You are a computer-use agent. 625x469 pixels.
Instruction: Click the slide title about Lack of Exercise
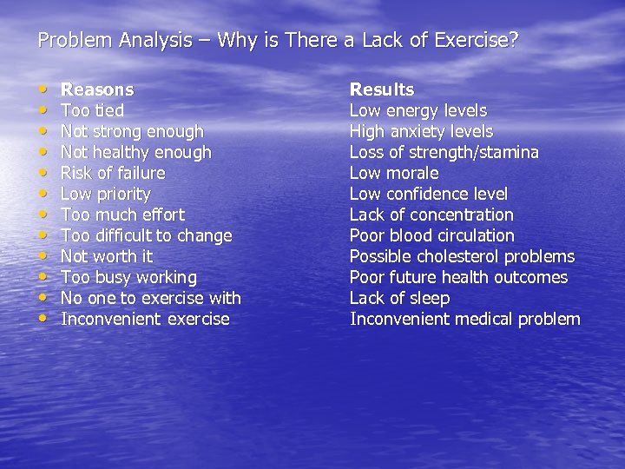(277, 40)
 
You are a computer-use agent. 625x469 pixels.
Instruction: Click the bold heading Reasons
(97, 89)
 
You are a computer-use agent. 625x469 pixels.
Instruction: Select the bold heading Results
(382, 89)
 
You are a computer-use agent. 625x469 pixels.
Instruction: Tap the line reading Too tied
(92, 110)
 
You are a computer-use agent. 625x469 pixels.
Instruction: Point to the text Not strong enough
(132, 131)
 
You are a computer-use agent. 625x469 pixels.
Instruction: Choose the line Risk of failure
(113, 173)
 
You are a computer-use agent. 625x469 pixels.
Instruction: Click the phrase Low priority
(105, 194)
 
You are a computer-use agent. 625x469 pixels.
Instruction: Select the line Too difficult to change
(146, 235)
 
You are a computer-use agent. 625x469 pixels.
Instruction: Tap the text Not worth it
(106, 256)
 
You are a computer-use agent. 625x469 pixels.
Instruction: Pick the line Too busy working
(128, 277)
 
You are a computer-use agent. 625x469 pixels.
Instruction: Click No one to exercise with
(150, 298)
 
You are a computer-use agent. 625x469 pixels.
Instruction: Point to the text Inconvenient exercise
(145, 319)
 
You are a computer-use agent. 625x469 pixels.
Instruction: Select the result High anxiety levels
(421, 131)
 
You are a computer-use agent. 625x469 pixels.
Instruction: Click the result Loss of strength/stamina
(444, 152)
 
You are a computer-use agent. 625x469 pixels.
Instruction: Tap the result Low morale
(393, 173)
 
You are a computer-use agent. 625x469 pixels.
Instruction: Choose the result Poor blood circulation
(431, 235)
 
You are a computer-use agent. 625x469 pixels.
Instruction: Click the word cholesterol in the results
(458, 256)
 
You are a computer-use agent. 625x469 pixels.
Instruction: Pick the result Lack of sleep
(399, 298)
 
